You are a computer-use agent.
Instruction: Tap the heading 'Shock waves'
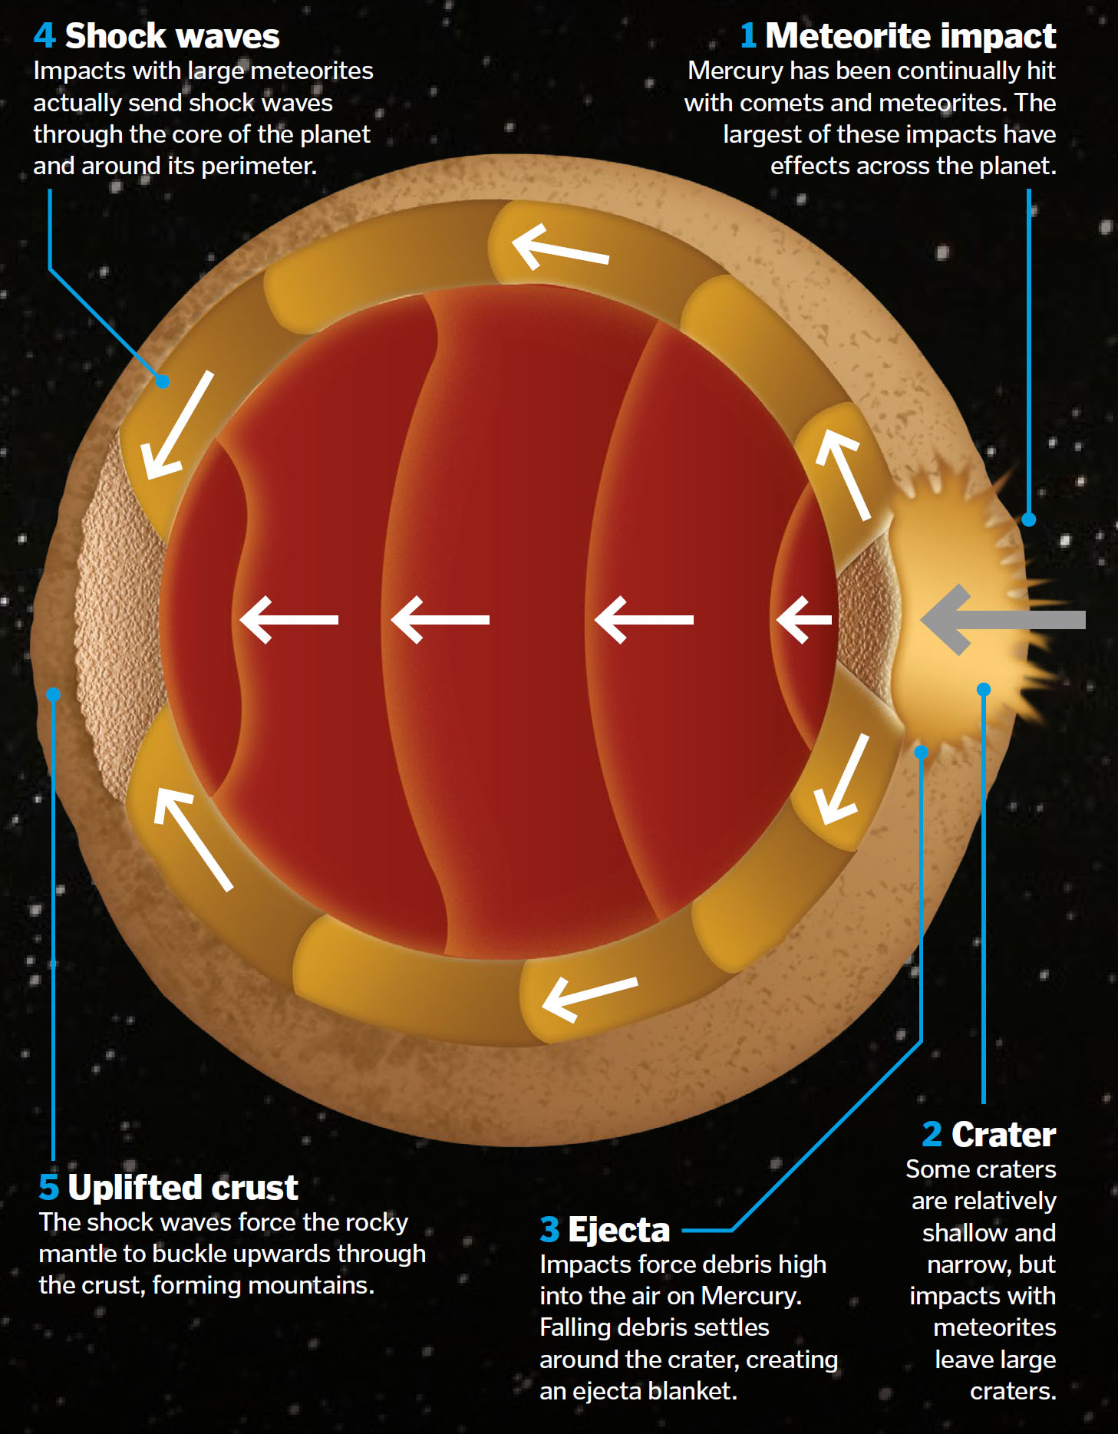coord(172,36)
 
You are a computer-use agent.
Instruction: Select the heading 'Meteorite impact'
coord(910,36)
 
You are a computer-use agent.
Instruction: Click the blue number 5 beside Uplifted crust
coord(48,1187)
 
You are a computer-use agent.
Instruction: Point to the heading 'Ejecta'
coord(618,1229)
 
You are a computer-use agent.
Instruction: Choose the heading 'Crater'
coord(1003,1134)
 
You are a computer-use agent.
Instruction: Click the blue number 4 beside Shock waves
coord(45,36)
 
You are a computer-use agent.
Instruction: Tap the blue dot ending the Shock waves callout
coord(163,381)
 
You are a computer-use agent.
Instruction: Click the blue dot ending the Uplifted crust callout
coord(53,694)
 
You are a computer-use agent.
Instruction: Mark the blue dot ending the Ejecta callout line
coord(922,752)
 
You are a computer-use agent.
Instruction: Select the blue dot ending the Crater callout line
coord(984,689)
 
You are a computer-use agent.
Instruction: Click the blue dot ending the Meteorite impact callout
coord(1029,519)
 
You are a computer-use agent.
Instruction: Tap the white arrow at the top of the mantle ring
coord(559,246)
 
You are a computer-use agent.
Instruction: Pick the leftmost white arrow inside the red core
coord(289,619)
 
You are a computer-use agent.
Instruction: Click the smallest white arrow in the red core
coord(803,619)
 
